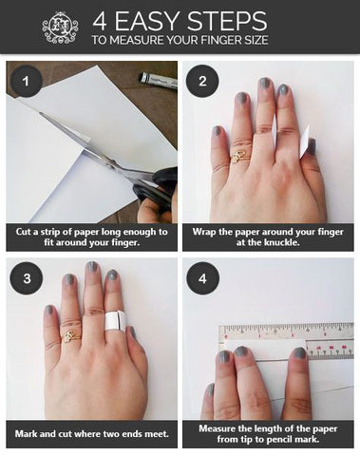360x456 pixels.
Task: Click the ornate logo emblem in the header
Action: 60,28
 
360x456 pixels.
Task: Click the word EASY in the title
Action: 147,21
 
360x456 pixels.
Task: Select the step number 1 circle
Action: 27,81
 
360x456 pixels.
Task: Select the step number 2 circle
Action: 202,81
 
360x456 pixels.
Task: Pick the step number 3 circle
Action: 27,278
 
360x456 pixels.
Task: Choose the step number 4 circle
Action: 202,278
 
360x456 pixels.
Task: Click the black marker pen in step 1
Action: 158,81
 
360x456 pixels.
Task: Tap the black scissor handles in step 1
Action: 156,188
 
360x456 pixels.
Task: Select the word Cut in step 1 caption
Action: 23,232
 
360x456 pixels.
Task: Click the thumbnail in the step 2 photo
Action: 312,146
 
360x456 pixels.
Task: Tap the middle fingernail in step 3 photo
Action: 92,267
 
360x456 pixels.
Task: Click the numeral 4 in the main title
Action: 100,22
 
